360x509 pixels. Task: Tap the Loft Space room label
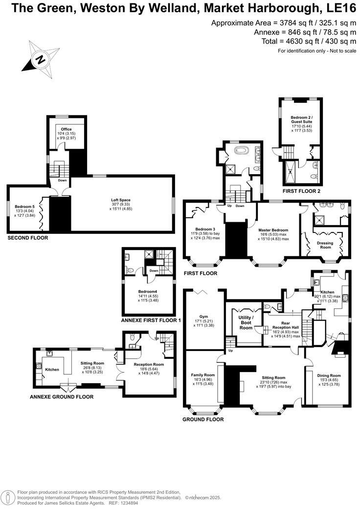pyautogui.click(x=120, y=200)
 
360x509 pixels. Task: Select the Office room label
pyautogui.click(x=66, y=129)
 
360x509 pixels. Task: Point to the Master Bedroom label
pyautogui.click(x=273, y=230)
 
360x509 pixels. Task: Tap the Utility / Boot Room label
pyautogui.click(x=246, y=323)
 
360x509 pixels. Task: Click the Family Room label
pyautogui.click(x=202, y=375)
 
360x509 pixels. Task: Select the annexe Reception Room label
pyautogui.click(x=149, y=365)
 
